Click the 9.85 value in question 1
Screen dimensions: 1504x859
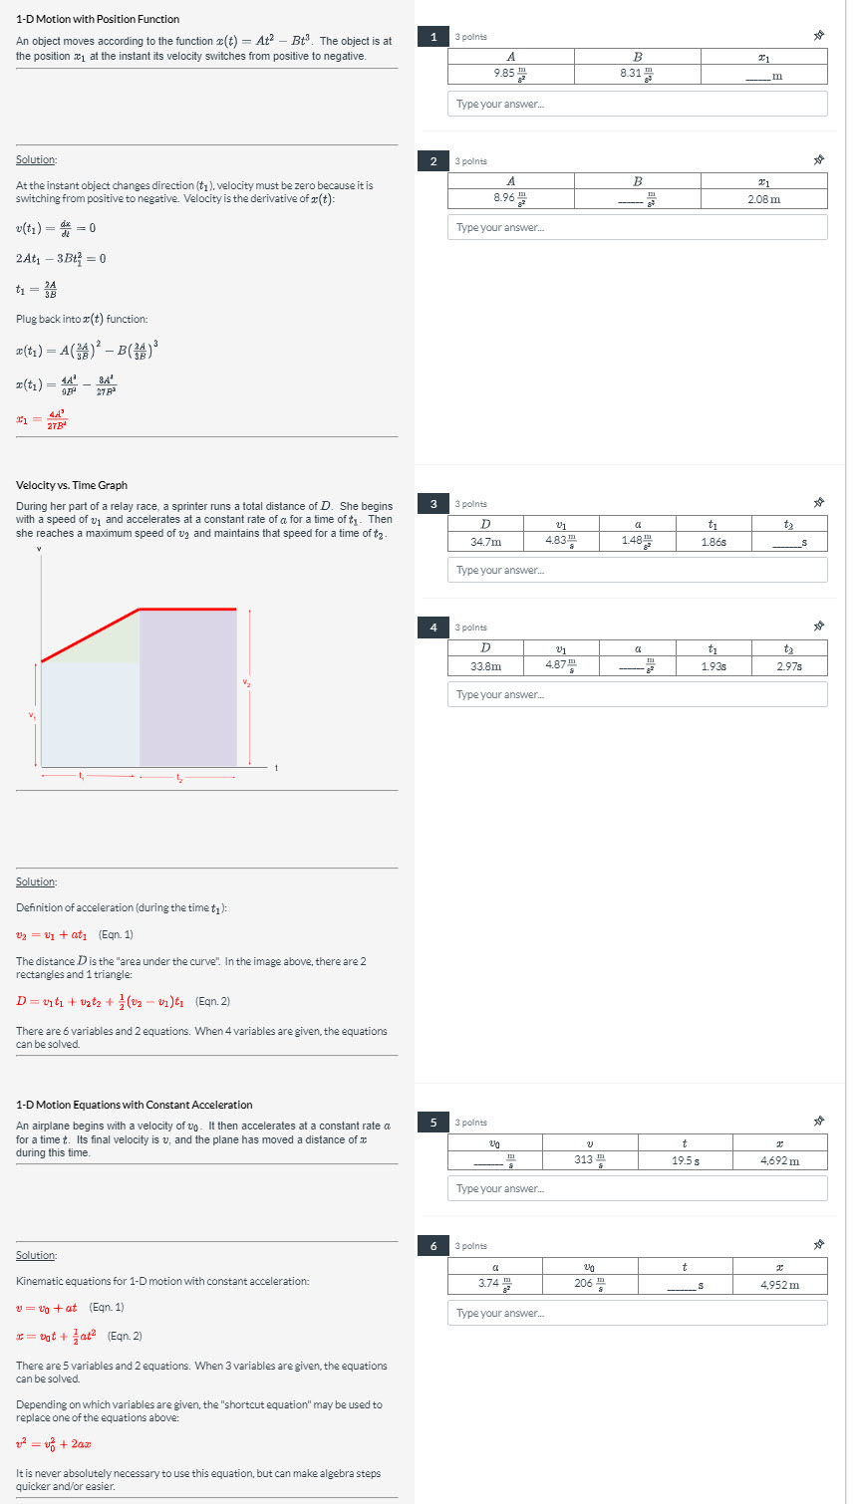click(510, 74)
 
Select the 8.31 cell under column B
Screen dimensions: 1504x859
click(637, 74)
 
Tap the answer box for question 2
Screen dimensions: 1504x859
click(637, 227)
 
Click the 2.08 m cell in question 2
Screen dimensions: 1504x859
click(763, 198)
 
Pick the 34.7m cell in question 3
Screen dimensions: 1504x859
click(485, 542)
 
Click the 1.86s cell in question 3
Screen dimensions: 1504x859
click(713, 542)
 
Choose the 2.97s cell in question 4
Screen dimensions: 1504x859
click(788, 665)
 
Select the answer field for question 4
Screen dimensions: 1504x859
click(637, 694)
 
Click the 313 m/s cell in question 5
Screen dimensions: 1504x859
click(590, 1160)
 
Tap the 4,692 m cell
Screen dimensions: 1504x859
click(779, 1160)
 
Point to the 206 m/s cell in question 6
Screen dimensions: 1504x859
click(590, 1284)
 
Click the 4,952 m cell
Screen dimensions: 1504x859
click(779, 1284)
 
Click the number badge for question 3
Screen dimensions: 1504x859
click(433, 504)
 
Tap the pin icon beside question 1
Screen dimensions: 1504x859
click(818, 37)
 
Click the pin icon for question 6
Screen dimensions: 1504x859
click(818, 1246)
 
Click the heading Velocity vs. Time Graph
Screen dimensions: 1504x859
click(72, 485)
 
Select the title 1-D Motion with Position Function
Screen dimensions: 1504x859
click(98, 19)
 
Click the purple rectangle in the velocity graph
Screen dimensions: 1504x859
click(187, 687)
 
